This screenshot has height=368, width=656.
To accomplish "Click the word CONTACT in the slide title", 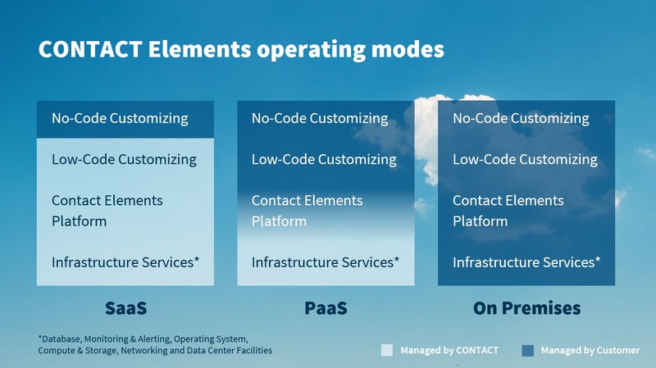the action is click(x=90, y=49).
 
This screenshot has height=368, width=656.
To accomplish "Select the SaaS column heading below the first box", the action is click(x=125, y=308).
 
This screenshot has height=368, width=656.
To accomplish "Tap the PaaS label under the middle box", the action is click(x=326, y=308).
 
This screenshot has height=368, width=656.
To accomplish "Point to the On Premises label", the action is click(x=526, y=308).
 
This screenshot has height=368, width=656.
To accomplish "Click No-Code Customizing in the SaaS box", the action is click(x=120, y=118).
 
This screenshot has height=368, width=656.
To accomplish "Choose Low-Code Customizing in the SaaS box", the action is click(x=124, y=159).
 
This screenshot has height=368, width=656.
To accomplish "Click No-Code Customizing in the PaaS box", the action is click(x=320, y=118).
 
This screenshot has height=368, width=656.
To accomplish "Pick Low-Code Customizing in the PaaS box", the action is click(x=324, y=159).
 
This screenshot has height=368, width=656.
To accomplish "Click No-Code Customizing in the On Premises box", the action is click(x=521, y=118).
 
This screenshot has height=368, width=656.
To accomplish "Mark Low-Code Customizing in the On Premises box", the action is click(x=525, y=159).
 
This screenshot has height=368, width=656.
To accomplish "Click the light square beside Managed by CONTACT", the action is click(x=387, y=350).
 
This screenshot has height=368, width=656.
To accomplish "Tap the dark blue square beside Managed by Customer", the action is click(x=528, y=351).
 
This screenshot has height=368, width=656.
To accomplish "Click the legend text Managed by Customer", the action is click(x=590, y=351).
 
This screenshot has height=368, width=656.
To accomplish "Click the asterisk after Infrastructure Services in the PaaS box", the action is click(x=397, y=259).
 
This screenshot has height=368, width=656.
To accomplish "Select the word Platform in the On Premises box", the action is click(x=481, y=221).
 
